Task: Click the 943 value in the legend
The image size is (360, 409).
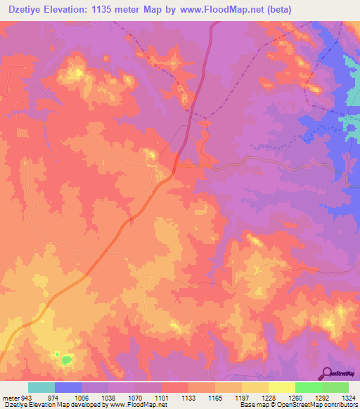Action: click(x=21, y=397)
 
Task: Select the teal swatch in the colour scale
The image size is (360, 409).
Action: click(x=41, y=387)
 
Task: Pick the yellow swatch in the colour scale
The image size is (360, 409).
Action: click(x=281, y=387)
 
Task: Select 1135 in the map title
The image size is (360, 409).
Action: click(x=110, y=9)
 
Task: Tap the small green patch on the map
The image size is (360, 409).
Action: click(x=65, y=360)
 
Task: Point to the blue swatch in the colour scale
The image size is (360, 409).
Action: click(x=68, y=387)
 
